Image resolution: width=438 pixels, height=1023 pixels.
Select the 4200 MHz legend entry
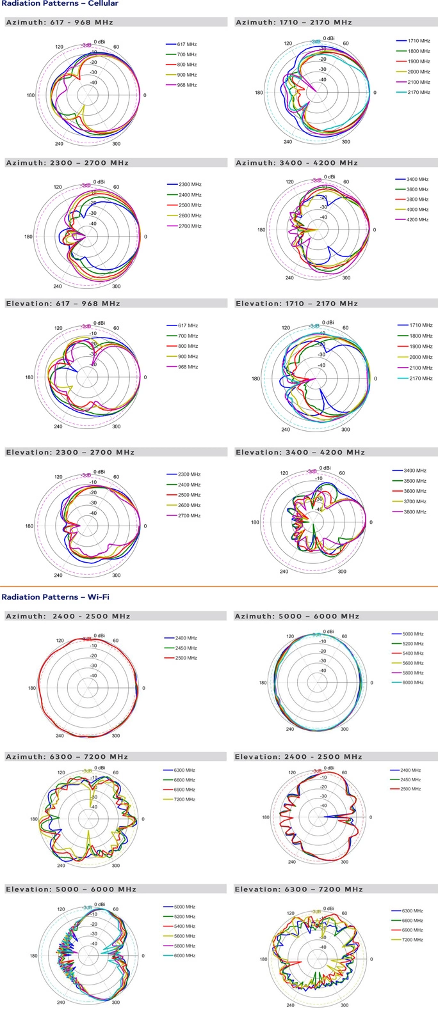[x=417, y=220]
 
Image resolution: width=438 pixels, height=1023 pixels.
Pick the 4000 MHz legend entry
[x=417, y=210]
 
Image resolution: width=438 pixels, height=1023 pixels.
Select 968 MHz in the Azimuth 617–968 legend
[x=186, y=85]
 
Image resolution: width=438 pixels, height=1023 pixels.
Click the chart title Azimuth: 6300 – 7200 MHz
[x=67, y=756]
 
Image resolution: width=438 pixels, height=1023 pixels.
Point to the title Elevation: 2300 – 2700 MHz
[x=70, y=452]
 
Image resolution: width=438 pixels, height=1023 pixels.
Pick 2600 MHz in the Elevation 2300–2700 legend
[x=189, y=505]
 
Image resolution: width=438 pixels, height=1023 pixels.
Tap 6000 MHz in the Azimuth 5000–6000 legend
[x=413, y=683]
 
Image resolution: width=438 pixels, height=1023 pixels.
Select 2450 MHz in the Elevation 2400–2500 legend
[x=410, y=780]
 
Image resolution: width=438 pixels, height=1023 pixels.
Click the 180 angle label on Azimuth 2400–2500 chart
[x=31, y=689]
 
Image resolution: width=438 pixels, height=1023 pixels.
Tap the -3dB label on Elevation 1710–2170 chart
[x=314, y=326]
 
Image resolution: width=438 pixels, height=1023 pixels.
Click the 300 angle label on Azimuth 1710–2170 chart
[x=346, y=142]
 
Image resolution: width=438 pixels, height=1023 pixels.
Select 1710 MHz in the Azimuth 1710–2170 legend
[x=419, y=40]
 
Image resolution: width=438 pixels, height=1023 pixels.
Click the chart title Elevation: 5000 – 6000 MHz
[x=71, y=889]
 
